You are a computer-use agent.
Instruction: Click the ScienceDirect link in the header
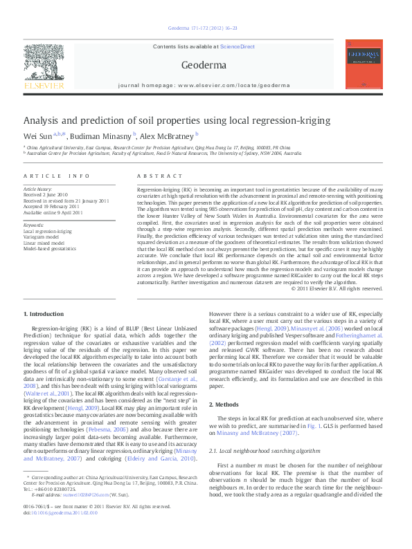[238, 47]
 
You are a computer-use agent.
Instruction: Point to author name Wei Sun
[38, 136]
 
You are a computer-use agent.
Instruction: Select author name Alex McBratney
[170, 136]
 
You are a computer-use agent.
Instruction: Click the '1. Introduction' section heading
[44, 314]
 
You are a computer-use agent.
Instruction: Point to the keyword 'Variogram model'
[43, 236]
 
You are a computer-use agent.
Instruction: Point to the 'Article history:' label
[38, 189]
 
